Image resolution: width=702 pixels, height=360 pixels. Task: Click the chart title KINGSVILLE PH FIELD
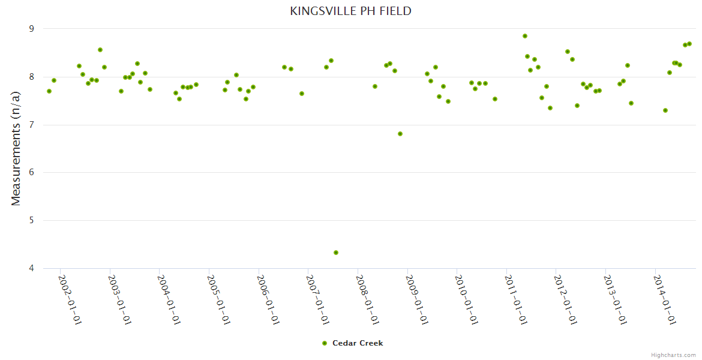click(x=350, y=11)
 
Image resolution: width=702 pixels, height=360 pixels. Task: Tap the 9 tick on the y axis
click(x=32, y=29)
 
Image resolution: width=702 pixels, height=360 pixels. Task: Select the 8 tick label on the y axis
click(x=32, y=77)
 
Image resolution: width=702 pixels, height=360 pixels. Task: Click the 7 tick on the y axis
click(x=32, y=125)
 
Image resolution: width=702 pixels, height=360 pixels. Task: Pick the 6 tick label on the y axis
click(x=32, y=173)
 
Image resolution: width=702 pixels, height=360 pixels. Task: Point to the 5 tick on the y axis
click(x=32, y=221)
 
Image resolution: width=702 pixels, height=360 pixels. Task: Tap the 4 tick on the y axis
click(x=32, y=268)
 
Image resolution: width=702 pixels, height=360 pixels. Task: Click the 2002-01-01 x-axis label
click(x=70, y=299)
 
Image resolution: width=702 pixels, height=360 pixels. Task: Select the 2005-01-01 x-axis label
click(x=218, y=299)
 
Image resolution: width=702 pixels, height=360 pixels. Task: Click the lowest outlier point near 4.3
click(x=336, y=253)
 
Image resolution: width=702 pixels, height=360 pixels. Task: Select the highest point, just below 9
click(x=525, y=36)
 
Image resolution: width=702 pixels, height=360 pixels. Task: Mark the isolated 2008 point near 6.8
click(x=400, y=134)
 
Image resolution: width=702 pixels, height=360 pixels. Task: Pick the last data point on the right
click(x=689, y=44)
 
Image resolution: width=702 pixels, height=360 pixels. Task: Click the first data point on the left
click(x=49, y=91)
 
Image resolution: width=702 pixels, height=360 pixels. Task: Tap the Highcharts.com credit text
click(x=673, y=355)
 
